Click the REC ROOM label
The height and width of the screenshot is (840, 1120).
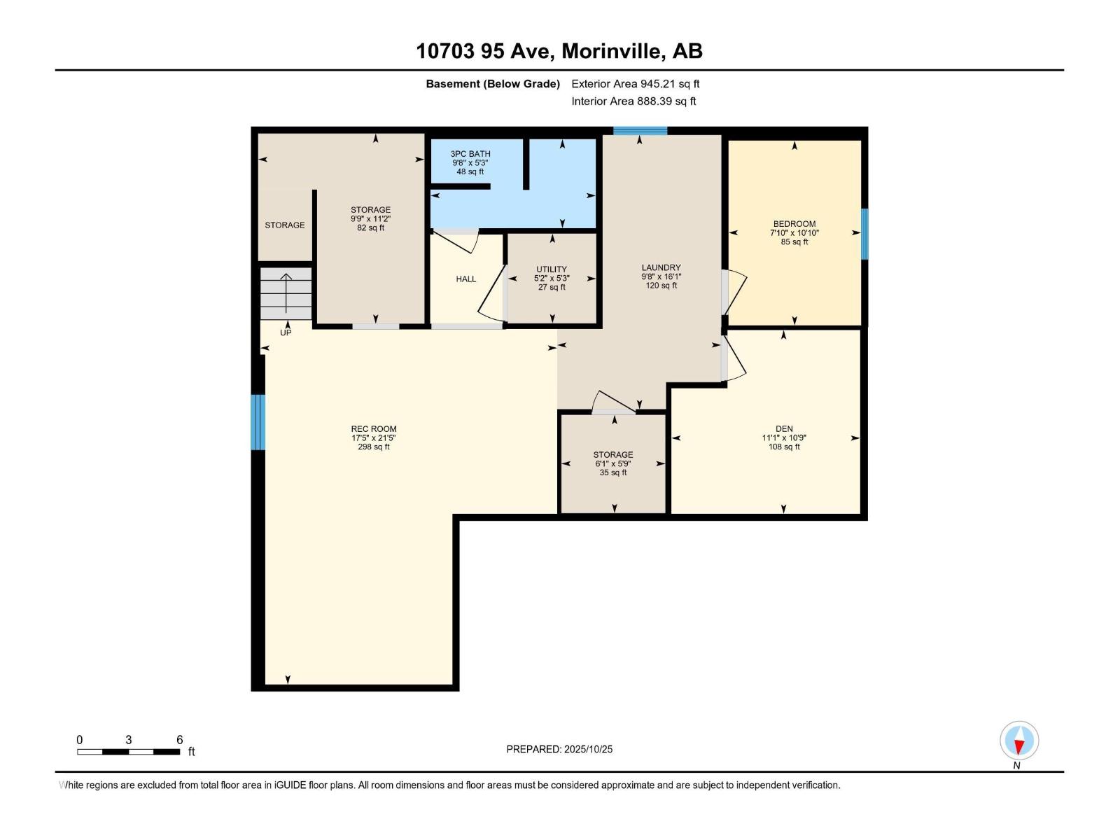(x=374, y=429)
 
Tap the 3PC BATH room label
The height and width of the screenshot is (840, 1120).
(x=470, y=154)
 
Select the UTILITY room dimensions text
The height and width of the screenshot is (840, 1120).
(x=552, y=278)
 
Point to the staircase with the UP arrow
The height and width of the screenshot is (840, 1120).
(x=286, y=293)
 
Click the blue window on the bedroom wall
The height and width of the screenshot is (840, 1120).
(x=864, y=234)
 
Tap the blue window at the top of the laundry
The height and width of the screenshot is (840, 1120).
(x=640, y=131)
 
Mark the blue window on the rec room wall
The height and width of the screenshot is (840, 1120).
(x=258, y=422)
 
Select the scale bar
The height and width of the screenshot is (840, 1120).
(x=129, y=752)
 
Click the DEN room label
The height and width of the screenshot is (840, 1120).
(x=784, y=429)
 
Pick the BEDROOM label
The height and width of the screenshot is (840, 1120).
(x=794, y=224)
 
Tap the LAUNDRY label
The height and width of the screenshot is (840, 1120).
(x=661, y=267)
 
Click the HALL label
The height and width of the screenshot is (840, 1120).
(x=465, y=279)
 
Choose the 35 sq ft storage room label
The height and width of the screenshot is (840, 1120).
(x=613, y=455)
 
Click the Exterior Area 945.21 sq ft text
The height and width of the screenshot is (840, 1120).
(x=636, y=84)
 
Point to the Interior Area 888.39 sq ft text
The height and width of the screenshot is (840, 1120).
(x=633, y=101)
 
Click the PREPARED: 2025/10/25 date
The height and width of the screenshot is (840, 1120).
(x=559, y=749)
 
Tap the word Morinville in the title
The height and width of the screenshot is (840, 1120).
(x=610, y=51)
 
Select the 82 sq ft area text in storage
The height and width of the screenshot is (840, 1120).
(x=371, y=228)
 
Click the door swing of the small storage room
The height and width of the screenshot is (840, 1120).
(x=612, y=401)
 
